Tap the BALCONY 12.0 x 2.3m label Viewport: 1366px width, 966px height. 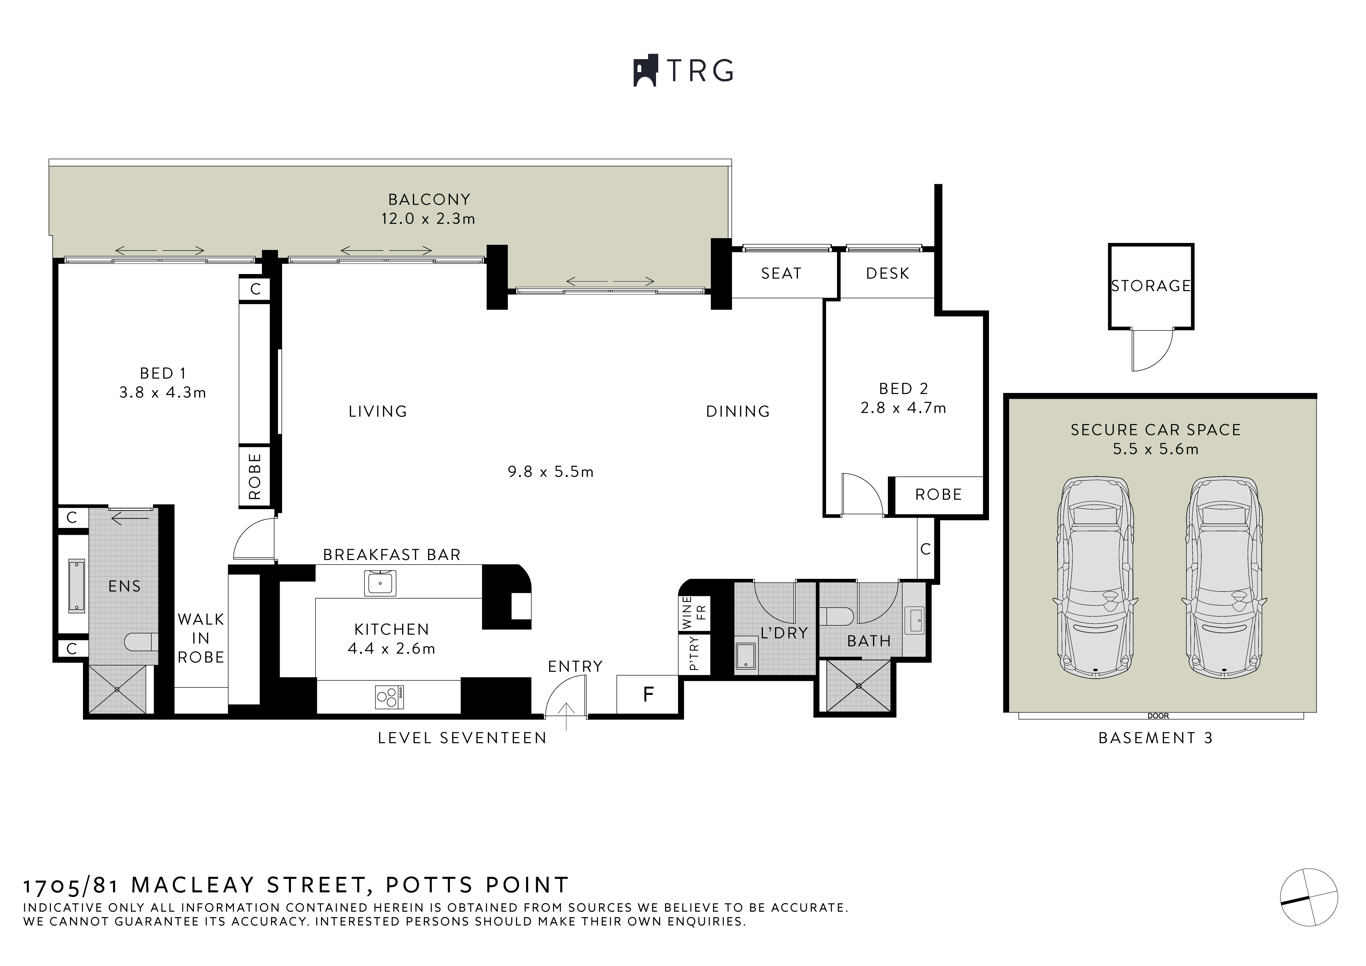[x=428, y=209]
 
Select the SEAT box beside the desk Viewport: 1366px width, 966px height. [x=781, y=274]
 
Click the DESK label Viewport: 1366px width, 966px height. [x=888, y=274]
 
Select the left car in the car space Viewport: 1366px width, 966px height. [x=1095, y=577]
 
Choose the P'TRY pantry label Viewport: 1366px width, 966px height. [x=694, y=654]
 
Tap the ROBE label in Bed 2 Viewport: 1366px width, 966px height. [x=938, y=494]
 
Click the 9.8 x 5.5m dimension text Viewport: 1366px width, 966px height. [x=550, y=472]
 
